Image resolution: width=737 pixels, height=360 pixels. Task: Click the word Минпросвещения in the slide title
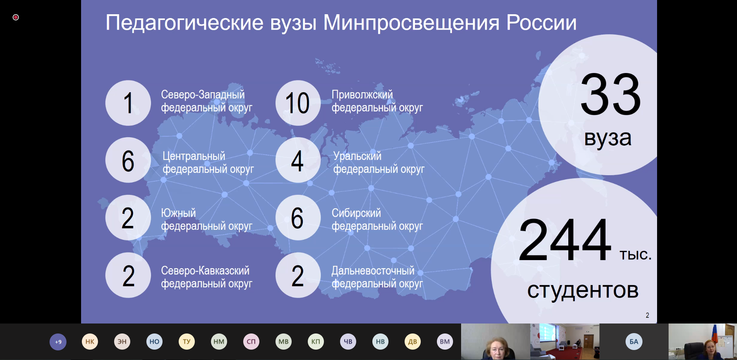pyautogui.click(x=411, y=23)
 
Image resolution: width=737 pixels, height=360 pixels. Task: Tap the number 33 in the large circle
pyautogui.click(x=611, y=95)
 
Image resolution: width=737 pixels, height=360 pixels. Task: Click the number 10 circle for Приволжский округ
pyautogui.click(x=298, y=103)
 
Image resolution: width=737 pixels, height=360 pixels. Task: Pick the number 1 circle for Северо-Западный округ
pyautogui.click(x=128, y=103)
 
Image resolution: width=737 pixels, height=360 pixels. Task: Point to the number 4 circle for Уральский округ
pyautogui.click(x=298, y=160)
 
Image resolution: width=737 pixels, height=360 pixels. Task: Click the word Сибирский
pyautogui.click(x=356, y=213)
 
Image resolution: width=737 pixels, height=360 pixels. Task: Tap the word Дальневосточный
pyautogui.click(x=373, y=270)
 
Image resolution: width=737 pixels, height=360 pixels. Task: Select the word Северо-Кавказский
pyautogui.click(x=205, y=270)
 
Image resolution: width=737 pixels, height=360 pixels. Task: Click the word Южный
pyautogui.click(x=178, y=213)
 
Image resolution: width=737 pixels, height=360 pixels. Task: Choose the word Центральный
pyautogui.click(x=194, y=156)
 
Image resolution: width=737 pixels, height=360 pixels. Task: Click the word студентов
pyautogui.click(x=583, y=290)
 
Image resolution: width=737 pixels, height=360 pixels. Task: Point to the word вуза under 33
pyautogui.click(x=608, y=138)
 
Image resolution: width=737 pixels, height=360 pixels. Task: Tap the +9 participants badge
pyautogui.click(x=58, y=342)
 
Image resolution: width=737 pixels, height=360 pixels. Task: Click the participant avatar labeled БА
pyautogui.click(x=634, y=342)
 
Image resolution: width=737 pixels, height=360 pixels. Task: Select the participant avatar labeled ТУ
pyautogui.click(x=187, y=342)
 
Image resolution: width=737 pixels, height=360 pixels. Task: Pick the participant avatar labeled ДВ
pyautogui.click(x=413, y=342)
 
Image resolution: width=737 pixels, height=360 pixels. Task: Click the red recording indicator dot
pyautogui.click(x=16, y=17)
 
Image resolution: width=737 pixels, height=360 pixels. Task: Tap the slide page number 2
pyautogui.click(x=647, y=315)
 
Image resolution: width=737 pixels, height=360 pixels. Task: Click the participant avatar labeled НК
pyautogui.click(x=90, y=342)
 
